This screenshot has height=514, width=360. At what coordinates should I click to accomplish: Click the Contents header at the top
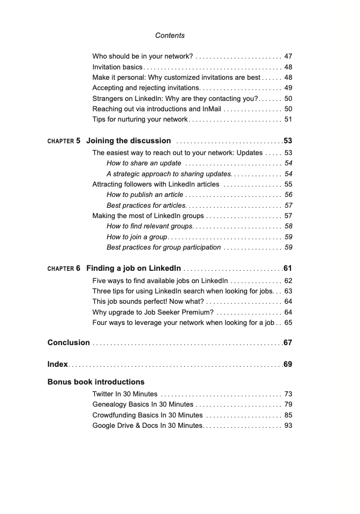coord(170,35)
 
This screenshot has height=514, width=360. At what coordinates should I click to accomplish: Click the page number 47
coord(288,57)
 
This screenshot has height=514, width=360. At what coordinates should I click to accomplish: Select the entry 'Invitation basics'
coord(117,67)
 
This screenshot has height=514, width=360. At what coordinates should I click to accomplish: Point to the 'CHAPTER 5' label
coord(64,141)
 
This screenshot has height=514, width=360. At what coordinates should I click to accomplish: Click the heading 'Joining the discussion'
coord(129,141)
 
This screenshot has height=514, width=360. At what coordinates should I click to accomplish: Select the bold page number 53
coord(288,141)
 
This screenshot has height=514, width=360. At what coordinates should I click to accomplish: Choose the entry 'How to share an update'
coord(144,163)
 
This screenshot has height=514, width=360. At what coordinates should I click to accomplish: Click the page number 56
coord(288,195)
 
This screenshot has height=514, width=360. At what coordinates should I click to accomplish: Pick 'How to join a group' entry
coord(136,237)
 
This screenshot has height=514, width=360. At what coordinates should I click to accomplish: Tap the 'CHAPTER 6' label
coord(64,269)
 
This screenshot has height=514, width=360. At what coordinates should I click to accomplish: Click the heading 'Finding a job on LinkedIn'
coord(133,268)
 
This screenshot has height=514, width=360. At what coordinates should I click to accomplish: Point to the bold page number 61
coord(288,269)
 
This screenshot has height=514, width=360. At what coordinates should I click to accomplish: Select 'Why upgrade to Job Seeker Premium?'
coord(153,313)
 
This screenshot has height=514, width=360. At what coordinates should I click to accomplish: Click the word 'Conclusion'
coord(68,343)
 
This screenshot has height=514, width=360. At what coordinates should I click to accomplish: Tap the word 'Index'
coord(57,364)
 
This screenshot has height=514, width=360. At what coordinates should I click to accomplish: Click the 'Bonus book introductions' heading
coord(96,382)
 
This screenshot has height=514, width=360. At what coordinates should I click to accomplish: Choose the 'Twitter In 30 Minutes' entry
coord(125,394)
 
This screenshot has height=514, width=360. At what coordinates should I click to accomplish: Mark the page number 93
coord(288,425)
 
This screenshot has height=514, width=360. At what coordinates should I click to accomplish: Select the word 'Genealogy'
coord(109,404)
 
